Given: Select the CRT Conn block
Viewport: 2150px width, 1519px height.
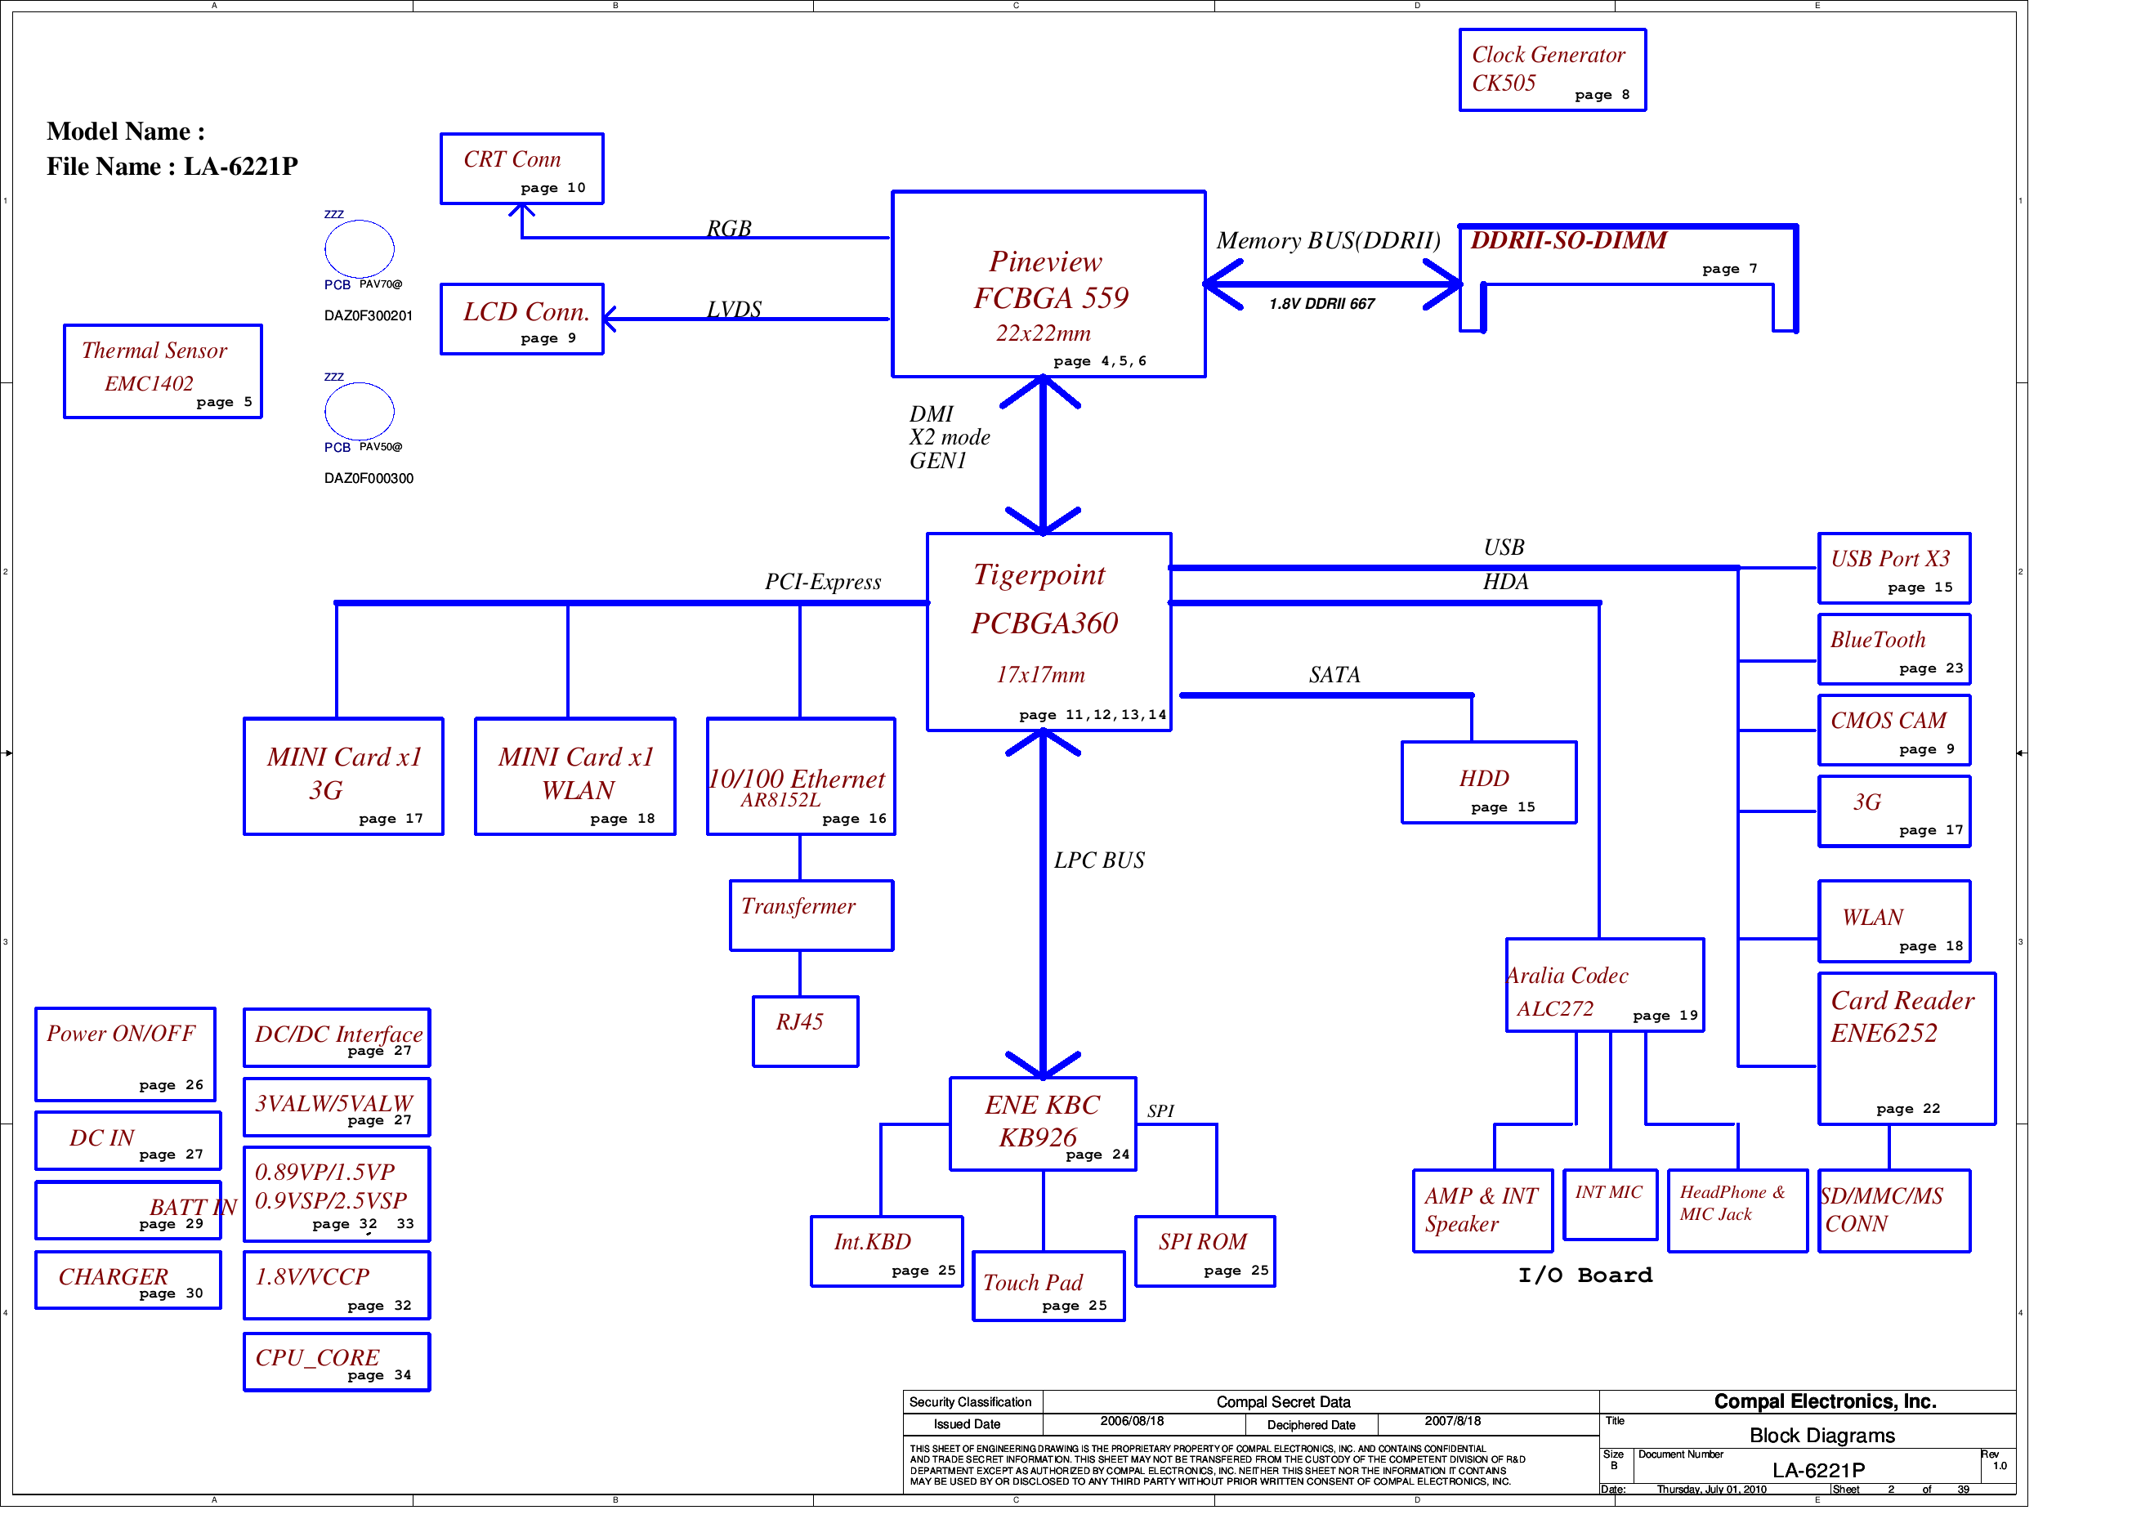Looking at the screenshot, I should [x=521, y=168].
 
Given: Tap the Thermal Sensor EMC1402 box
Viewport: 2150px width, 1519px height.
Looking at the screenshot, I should [x=162, y=372].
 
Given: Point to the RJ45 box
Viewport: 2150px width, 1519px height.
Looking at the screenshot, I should [x=805, y=1031].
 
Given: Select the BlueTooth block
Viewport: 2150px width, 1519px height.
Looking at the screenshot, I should [x=1893, y=649].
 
